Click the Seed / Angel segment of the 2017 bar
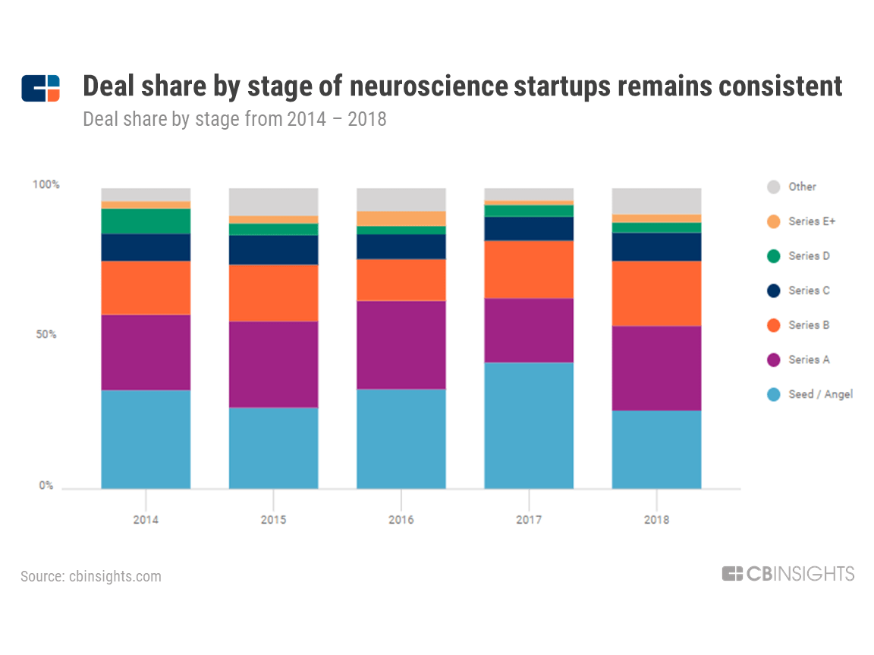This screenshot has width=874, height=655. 529,425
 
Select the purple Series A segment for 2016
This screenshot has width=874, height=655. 401,345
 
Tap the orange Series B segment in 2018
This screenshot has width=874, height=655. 656,293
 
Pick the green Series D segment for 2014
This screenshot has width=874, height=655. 146,221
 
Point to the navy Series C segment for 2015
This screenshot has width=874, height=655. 273,249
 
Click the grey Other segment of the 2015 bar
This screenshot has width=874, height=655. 273,202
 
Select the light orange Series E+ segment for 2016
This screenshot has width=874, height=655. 401,218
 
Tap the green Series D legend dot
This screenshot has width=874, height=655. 774,256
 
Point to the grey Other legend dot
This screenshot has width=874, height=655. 774,187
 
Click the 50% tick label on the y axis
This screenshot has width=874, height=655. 45,334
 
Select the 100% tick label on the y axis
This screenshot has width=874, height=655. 46,185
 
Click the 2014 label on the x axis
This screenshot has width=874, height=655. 146,520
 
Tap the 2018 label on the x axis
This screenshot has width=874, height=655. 656,520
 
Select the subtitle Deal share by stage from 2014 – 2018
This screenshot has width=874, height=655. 234,119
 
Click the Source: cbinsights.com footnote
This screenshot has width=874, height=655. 91,576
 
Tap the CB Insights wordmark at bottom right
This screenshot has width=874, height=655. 788,574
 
